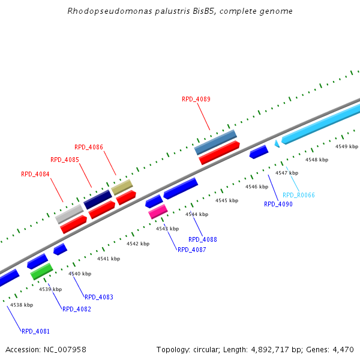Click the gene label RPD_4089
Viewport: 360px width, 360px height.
pyautogui.click(x=196, y=99)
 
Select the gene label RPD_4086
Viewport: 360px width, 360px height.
pyautogui.click(x=89, y=147)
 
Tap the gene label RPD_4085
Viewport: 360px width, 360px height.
pyautogui.click(x=65, y=160)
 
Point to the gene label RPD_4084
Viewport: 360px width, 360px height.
pyautogui.click(x=35, y=174)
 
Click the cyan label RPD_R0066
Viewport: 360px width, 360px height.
pyautogui.click(x=298, y=195)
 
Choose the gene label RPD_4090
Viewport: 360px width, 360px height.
pyautogui.click(x=278, y=204)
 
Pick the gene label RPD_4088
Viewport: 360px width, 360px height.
pyautogui.click(x=203, y=239)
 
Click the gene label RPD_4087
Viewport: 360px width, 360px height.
pyautogui.click(x=191, y=250)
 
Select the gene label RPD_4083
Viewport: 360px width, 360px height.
pyautogui.click(x=99, y=297)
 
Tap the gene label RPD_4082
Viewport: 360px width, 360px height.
pyautogui.click(x=77, y=309)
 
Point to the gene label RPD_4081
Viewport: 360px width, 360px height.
pyautogui.click(x=36, y=331)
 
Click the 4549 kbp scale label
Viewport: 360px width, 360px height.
pyautogui.click(x=346, y=146)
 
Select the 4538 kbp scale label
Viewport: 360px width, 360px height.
pyautogui.click(x=22, y=305)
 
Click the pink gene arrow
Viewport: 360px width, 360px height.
pyautogui.click(x=158, y=211)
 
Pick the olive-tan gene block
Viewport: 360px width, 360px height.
pyautogui.click(x=122, y=187)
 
